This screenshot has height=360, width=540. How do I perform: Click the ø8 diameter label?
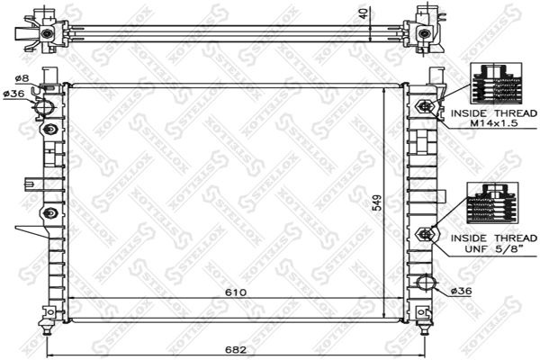coord(22,79)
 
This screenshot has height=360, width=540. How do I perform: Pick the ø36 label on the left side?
coord(15,94)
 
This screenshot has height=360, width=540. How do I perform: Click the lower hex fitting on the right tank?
coord(425,234)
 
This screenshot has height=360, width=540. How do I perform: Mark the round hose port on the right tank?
coord(426,285)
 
